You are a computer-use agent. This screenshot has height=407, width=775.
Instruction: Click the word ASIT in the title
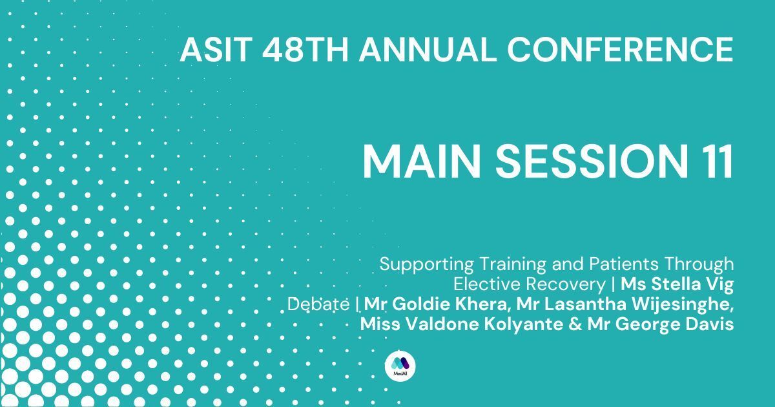pyautogui.click(x=216, y=50)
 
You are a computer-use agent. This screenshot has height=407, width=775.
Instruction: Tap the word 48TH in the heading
pyautogui.click(x=305, y=50)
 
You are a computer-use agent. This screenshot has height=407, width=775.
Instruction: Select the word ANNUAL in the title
pyautogui.click(x=428, y=50)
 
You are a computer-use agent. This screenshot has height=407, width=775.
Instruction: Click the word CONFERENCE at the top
pyautogui.click(x=620, y=50)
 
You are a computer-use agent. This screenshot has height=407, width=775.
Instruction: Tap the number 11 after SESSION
pyautogui.click(x=718, y=162)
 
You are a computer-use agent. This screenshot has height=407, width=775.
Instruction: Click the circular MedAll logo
pyautogui.click(x=400, y=366)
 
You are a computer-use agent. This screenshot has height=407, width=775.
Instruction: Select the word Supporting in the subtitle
pyautogui.click(x=427, y=265)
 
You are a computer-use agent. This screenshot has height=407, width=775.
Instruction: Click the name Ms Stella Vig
pyautogui.click(x=677, y=285)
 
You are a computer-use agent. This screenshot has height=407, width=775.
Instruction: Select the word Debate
pyautogui.click(x=318, y=304)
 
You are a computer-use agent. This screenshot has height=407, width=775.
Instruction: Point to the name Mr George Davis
pyautogui.click(x=661, y=325)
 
